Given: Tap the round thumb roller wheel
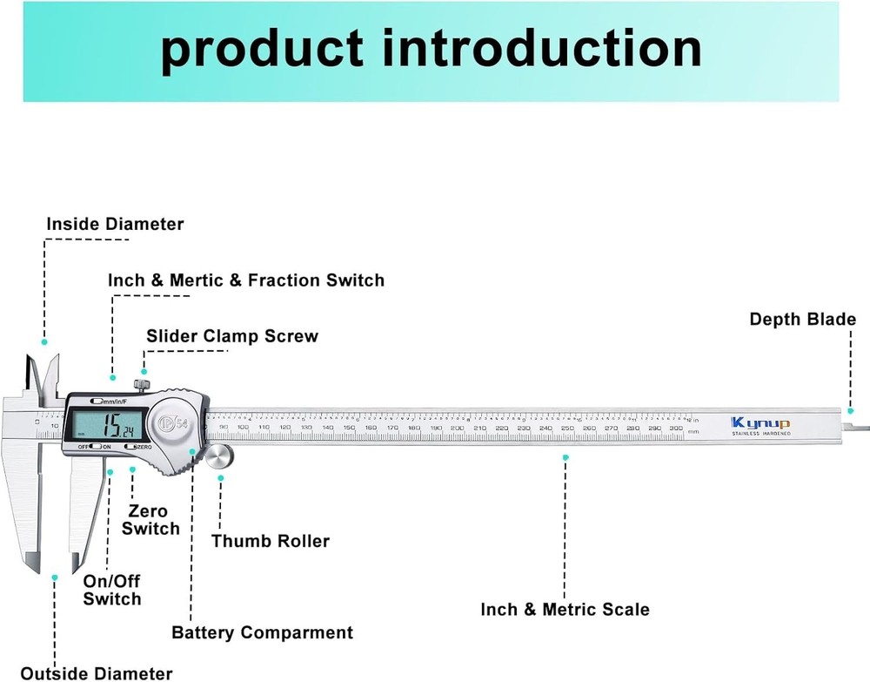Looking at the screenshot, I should pos(220,456).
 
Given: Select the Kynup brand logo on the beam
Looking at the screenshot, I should pos(760,423).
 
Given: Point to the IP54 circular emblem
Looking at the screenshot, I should pos(173,423).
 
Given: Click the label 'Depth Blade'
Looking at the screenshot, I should pos(802,320).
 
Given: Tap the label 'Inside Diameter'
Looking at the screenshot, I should pos(115,225).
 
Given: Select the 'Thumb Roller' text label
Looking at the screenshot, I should pos(270,541).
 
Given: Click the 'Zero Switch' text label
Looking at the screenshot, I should pos(151,520).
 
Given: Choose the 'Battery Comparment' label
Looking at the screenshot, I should pos(262,632).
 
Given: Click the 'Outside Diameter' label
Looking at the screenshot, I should pos(96,672).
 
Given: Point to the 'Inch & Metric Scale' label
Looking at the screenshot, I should pos(565,610).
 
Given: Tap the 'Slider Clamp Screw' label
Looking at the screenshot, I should pos(231,336).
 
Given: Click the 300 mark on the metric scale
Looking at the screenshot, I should pos(675,429).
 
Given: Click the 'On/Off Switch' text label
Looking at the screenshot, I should pos(111,591).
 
